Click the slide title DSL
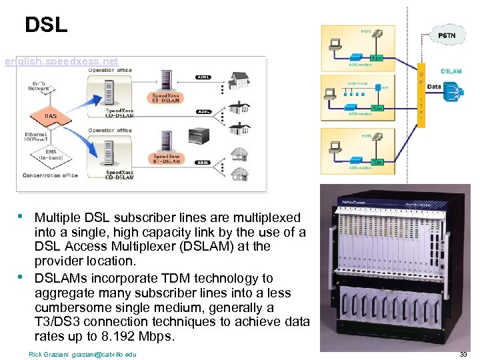click(46, 25)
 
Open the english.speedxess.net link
click(61, 61)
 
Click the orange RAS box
click(51, 115)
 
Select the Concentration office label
click(51, 175)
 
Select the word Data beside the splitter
click(433, 87)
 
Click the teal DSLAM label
click(451, 71)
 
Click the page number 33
click(463, 354)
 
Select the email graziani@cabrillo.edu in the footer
click(104, 354)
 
